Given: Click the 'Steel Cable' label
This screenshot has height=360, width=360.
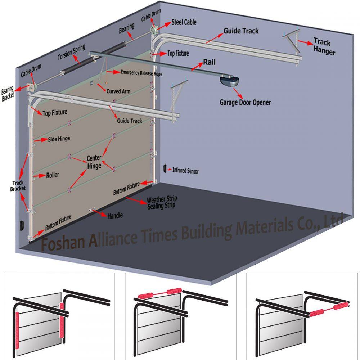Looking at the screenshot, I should coord(184,22).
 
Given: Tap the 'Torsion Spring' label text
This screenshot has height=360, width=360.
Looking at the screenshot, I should coord(72,53).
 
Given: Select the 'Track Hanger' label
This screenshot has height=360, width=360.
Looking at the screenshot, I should coord(324,46).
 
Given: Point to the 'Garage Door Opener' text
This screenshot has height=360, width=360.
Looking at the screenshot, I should coord(245,102).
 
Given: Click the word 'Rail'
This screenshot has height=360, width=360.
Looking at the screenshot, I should coord(209,62).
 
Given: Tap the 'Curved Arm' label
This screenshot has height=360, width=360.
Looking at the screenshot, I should coord(118,91).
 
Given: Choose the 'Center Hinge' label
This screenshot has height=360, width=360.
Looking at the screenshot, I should coord(94,162).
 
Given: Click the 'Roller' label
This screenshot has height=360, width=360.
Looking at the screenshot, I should coord(52,176).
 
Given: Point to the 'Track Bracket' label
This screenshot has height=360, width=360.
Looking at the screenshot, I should coord(17,186).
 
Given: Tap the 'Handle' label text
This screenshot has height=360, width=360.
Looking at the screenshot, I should coord(115,215).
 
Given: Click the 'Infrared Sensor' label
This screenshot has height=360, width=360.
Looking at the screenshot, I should coord(185,171).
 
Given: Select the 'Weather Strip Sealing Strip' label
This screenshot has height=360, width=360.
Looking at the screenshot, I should coord(162,203).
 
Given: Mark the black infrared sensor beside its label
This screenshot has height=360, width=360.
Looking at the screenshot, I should coord(165,168).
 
